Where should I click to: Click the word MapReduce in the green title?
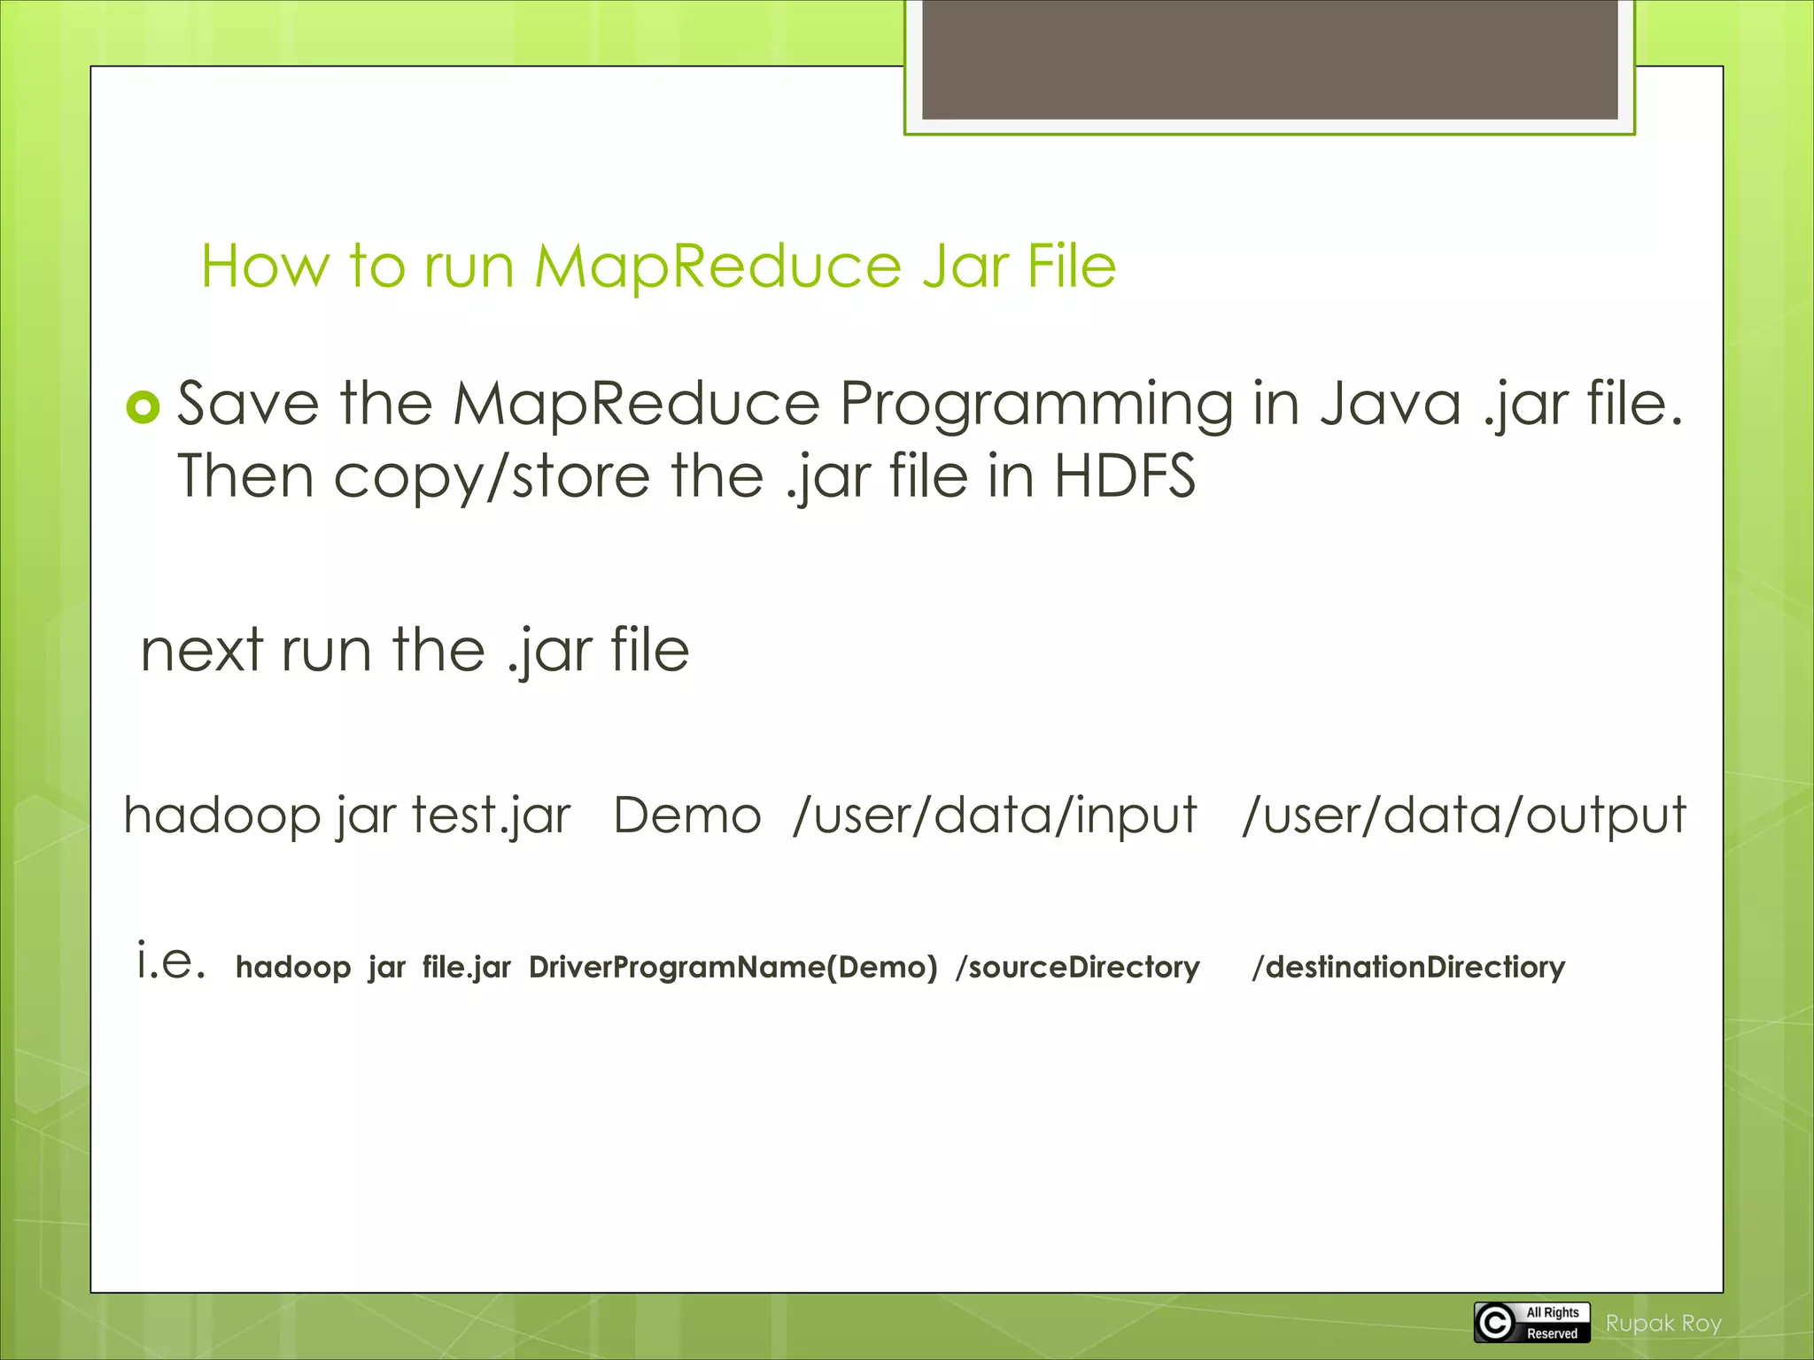717,267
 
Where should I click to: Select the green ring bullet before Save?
143,407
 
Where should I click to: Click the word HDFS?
1125,476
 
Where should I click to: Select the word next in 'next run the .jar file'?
202,651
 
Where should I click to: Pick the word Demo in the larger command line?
687,815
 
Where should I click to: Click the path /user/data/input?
995,815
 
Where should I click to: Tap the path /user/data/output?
1464,815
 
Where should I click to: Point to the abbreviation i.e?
172,962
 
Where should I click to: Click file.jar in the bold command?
467,967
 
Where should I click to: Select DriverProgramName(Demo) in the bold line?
733,967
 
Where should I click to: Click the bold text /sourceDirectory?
1077,967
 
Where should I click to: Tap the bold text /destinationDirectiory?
1408,967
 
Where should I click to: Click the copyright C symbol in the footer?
1495,1323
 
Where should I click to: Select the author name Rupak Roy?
1663,1324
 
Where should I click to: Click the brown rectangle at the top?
1269,59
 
